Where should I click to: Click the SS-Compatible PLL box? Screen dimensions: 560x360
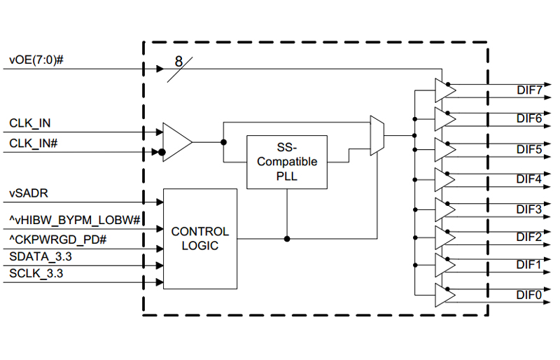287,162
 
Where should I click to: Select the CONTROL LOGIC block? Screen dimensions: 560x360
200,239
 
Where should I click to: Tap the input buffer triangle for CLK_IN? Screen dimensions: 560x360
178,142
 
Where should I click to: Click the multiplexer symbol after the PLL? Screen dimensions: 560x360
377,135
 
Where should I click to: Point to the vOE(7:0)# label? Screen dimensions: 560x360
36,60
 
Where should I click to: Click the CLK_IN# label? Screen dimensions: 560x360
33,144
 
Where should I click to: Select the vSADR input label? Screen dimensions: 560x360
29,193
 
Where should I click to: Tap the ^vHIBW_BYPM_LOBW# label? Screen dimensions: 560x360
75,220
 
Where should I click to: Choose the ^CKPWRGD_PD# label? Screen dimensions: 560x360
58,239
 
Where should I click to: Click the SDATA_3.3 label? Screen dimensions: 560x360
41,256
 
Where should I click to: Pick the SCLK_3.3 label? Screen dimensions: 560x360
36,273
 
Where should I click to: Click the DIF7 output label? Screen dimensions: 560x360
529,90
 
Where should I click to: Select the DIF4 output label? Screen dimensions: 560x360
529,179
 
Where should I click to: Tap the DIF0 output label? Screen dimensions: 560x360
529,295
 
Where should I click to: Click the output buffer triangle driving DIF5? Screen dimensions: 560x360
445,150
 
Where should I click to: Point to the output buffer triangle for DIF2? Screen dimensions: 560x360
445,237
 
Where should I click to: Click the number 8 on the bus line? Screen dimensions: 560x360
179,62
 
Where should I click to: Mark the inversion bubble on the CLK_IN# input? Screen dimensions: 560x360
162,152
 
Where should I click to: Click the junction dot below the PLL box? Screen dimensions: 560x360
287,239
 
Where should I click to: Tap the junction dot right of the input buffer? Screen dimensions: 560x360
223,142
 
